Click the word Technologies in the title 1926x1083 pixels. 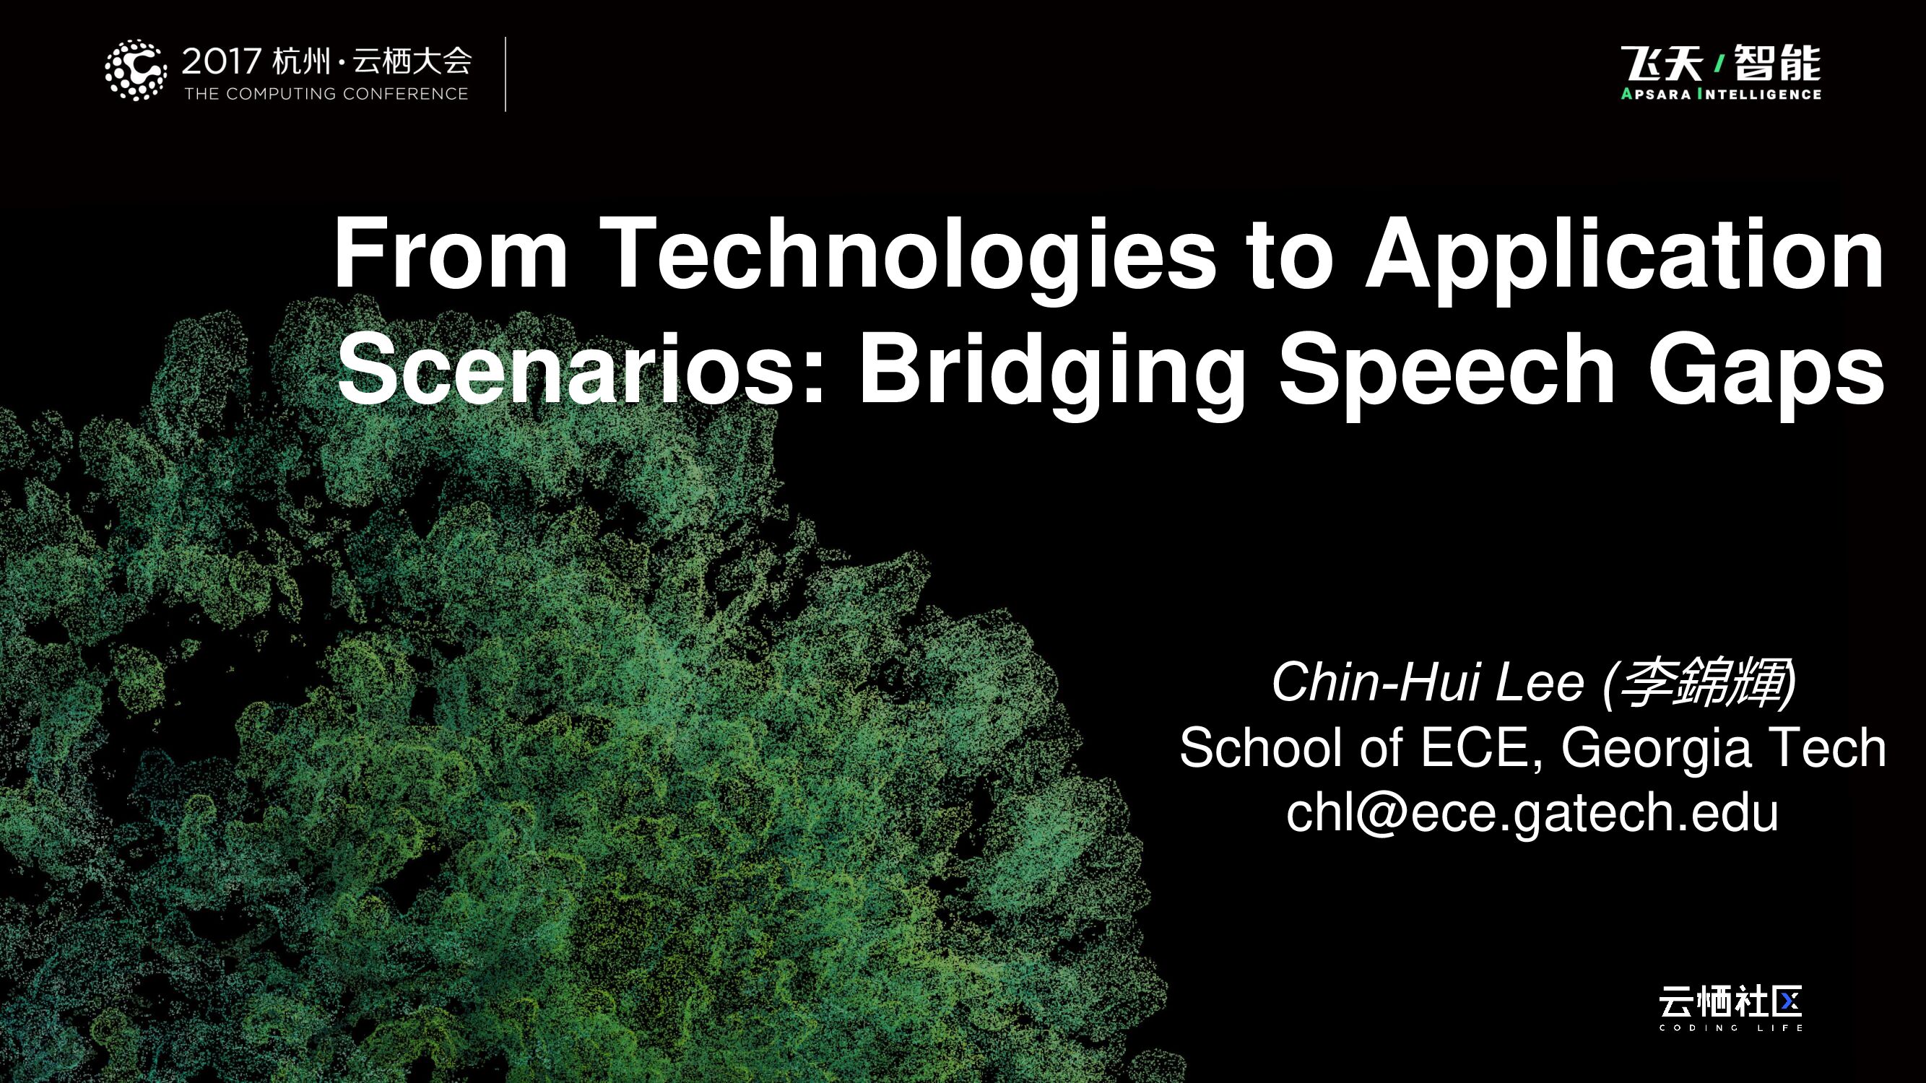click(912, 254)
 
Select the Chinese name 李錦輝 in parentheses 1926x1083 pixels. click(1701, 683)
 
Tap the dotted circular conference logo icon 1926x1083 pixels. click(135, 70)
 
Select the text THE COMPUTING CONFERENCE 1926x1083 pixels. click(326, 94)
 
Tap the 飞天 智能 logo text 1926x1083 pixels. click(1720, 64)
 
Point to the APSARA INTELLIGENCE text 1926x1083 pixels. click(1720, 95)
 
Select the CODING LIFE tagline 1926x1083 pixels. click(1730, 1028)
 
